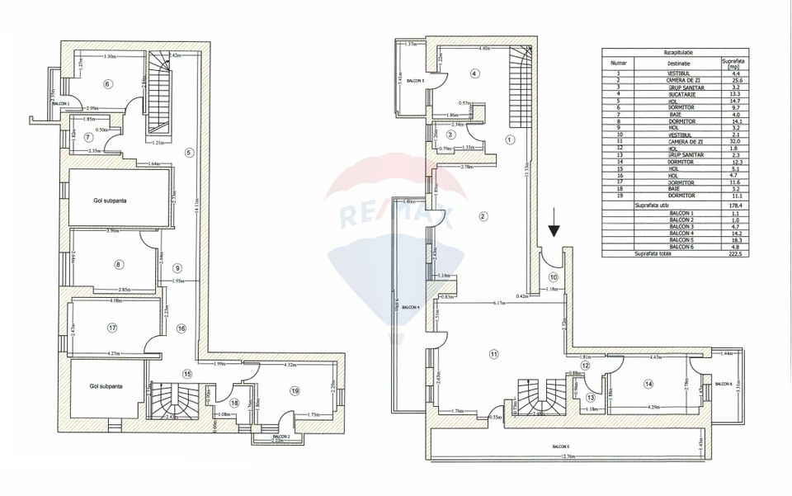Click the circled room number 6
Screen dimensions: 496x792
[107, 83]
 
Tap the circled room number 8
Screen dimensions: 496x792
[119, 264]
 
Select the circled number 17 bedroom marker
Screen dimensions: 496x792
[112, 328]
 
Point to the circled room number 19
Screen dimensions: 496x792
[293, 390]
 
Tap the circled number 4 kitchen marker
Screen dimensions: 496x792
[474, 73]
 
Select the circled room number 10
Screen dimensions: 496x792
[554, 277]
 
